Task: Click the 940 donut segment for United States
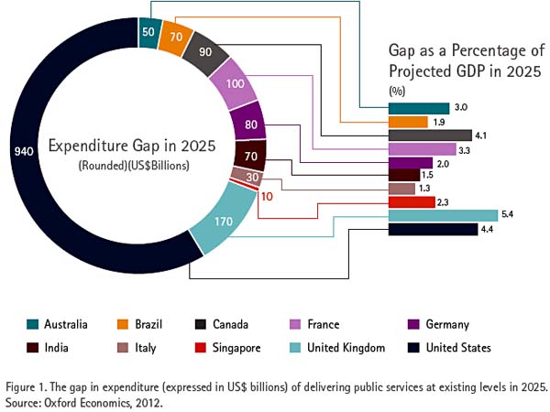pos(37,151)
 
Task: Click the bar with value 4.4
pos(434,230)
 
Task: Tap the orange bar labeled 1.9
pos(408,122)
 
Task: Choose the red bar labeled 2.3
pos(412,201)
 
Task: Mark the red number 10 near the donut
pos(267,196)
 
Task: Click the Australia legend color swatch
pos(32,324)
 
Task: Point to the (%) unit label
pos(397,91)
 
